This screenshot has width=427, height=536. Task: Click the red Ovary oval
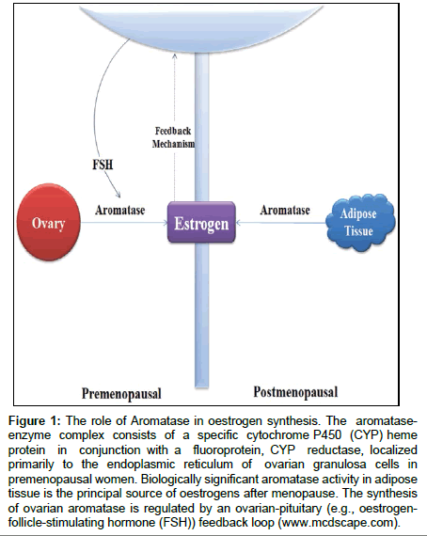tap(49, 223)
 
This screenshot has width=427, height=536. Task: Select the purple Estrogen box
tap(201, 222)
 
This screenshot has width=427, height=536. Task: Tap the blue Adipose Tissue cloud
tap(360, 222)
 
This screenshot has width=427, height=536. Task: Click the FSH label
tap(103, 165)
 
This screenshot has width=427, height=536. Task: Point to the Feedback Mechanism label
tap(173, 137)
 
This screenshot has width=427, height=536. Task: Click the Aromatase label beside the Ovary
tap(120, 210)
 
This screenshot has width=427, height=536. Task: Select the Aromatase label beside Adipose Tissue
tap(285, 210)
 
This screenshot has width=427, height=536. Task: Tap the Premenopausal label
tap(121, 394)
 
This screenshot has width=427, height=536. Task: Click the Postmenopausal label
tap(295, 392)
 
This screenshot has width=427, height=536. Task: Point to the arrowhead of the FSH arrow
tap(119, 197)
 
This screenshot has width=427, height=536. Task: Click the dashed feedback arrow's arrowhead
tap(175, 55)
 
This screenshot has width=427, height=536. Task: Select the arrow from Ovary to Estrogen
tap(124, 223)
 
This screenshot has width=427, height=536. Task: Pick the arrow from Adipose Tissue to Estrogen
tap(280, 223)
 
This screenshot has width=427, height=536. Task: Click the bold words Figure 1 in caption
tap(35, 420)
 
